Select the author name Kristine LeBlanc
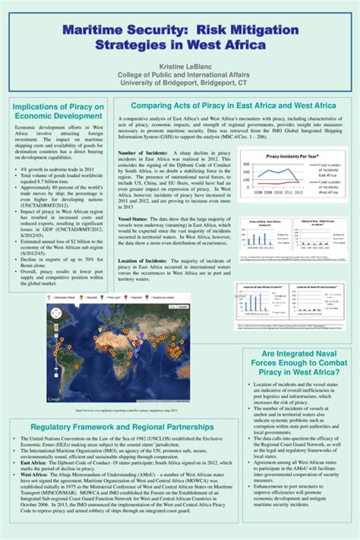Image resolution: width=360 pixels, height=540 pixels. [180, 66]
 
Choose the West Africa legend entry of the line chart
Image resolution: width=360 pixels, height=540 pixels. [329, 190]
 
